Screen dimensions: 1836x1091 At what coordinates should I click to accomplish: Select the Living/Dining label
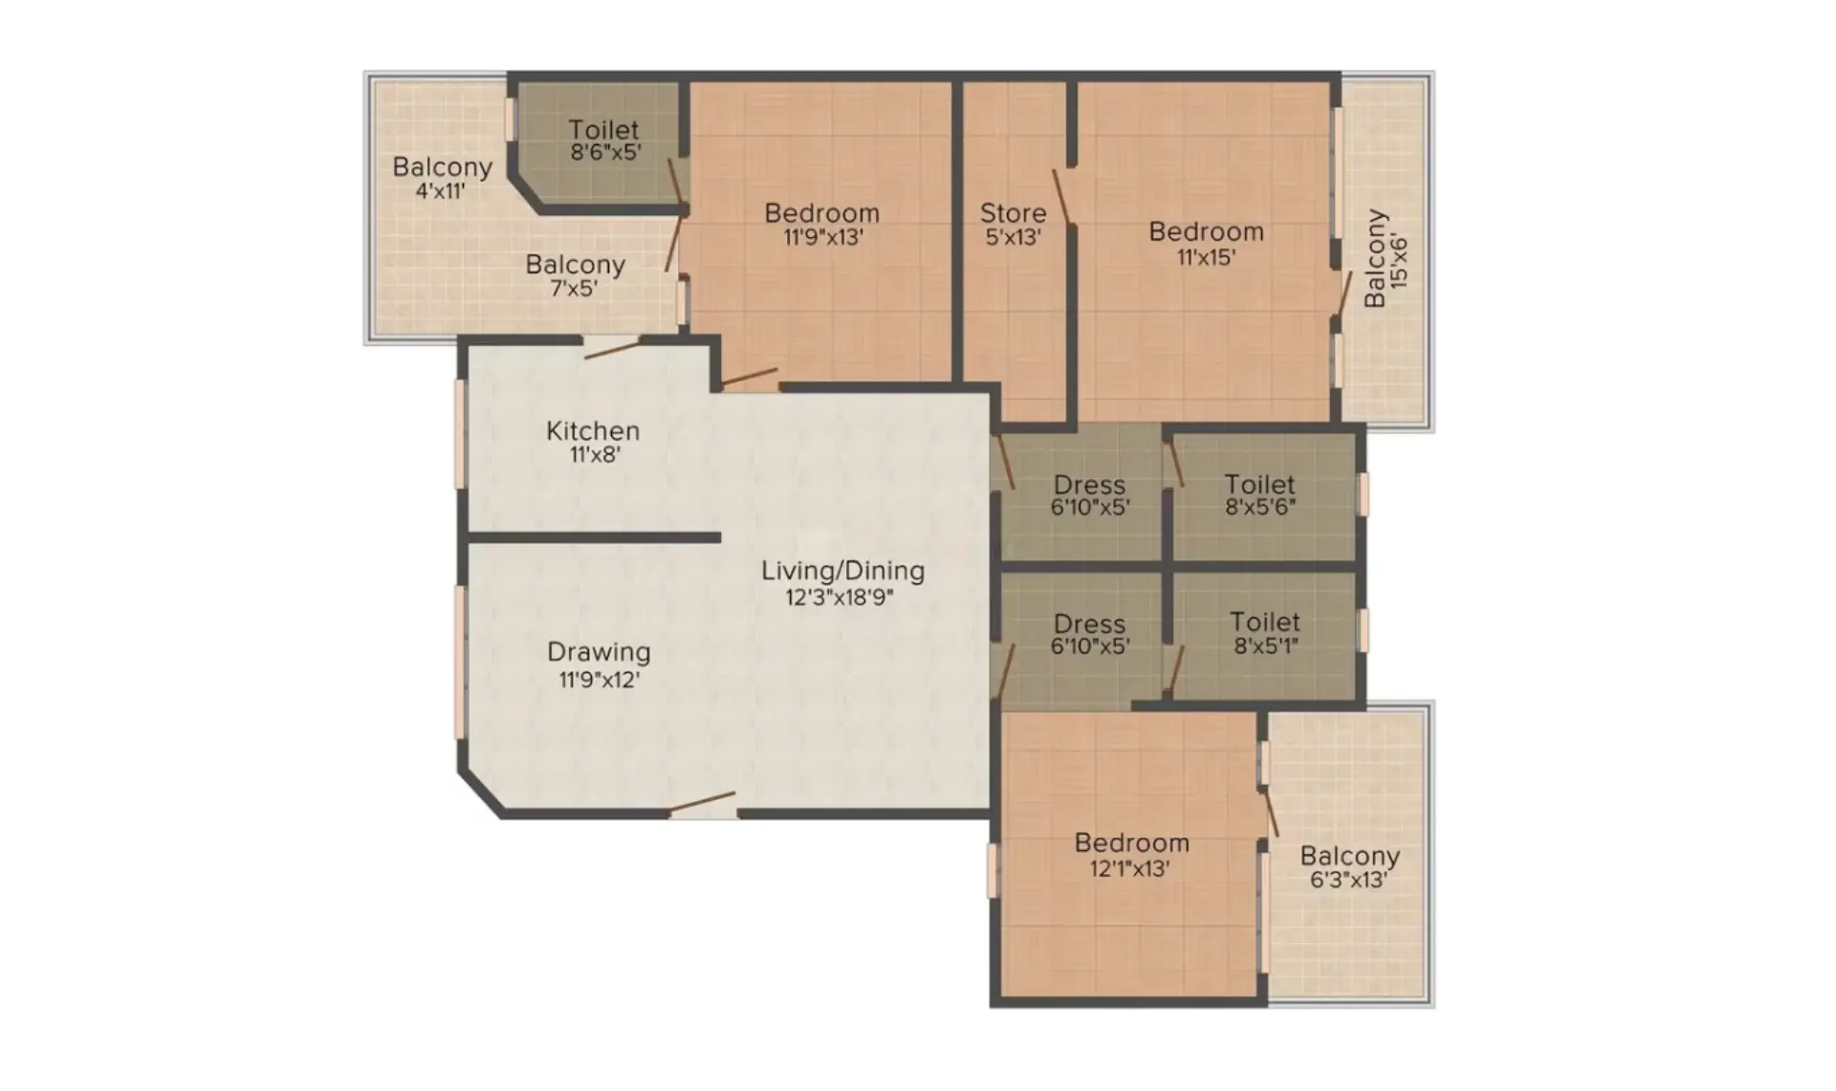842,571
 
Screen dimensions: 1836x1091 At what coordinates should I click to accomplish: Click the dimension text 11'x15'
1206,257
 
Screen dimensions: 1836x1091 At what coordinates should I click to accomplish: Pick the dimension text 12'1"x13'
1130,869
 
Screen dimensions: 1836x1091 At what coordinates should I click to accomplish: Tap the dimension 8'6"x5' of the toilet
605,152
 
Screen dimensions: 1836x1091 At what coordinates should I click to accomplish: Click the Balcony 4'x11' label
442,177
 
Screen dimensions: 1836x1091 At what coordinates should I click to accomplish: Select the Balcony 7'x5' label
575,275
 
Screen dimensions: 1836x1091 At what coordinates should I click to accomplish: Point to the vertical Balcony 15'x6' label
1387,258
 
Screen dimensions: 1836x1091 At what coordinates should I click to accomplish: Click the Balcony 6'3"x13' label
1349,867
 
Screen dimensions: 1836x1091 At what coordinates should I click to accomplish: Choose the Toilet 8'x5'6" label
1260,495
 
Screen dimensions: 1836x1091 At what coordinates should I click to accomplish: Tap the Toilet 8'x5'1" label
1265,633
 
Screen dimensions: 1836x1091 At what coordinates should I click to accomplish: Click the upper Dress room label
1089,495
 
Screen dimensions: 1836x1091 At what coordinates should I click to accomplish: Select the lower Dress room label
1089,634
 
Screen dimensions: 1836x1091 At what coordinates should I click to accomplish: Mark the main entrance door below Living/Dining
702,803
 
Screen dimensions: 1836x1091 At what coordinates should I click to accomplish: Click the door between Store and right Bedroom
1061,197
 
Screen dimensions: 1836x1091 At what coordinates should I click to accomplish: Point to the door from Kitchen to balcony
612,349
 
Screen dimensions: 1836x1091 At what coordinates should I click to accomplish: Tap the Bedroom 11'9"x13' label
822,225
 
